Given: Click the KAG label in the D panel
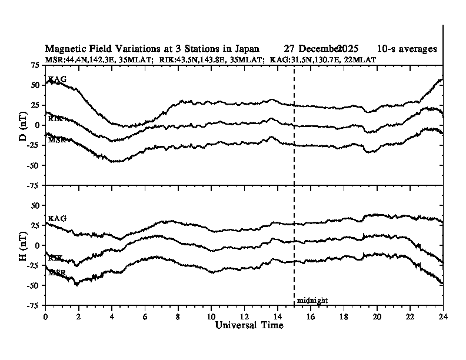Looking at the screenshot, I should pos(56,79).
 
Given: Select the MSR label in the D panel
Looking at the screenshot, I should pos(56,140).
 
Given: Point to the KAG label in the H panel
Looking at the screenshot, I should pos(56,218).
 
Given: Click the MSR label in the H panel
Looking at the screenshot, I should pos(56,272).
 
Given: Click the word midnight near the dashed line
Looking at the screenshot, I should pos(312,300).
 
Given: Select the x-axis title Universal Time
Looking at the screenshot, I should pos(244,325).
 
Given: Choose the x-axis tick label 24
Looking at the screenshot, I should pos(443,316).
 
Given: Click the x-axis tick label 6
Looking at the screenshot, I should pos(145,316).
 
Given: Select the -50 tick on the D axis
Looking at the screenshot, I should pos(34,165).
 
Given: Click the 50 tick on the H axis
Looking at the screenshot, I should pos(35,205).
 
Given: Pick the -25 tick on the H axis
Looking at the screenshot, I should pos(34,265).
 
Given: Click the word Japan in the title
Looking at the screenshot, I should pos(247,49).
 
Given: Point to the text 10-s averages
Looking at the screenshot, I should pos(407,49).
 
